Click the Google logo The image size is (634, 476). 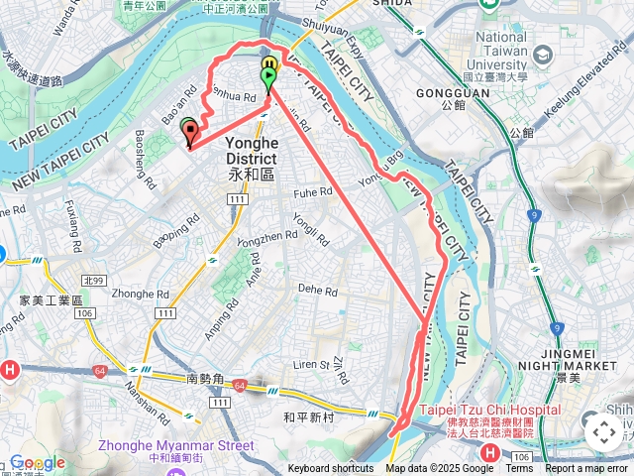pos(37,463)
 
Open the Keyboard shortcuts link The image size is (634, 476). pos(331,469)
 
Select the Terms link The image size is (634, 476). pos(519,469)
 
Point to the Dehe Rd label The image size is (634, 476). pos(318,291)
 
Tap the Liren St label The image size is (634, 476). pos(309,366)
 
